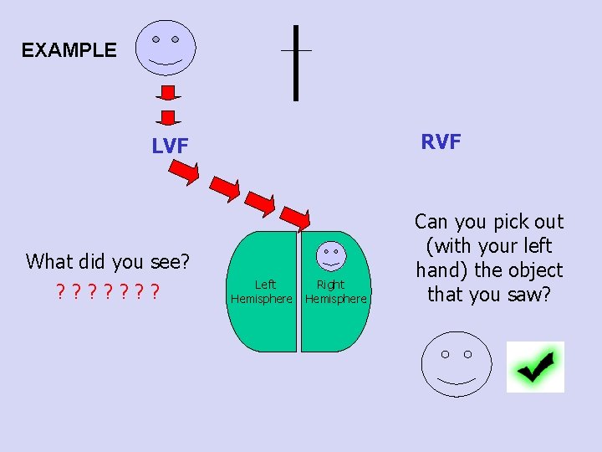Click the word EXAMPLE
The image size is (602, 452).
69,50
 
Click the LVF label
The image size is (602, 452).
170,146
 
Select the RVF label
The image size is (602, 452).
441,141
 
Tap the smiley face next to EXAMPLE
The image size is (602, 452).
165,45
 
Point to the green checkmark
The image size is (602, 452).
535,367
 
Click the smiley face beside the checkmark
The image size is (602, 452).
456,365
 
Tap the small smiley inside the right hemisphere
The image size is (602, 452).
332,254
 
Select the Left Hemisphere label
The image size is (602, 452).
262,291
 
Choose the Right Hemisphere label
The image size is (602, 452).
335,291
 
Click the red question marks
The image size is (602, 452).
108,293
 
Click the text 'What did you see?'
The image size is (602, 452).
108,261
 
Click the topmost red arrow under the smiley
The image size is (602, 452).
168,91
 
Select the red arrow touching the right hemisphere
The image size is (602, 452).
295,217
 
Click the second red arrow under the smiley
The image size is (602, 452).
168,116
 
